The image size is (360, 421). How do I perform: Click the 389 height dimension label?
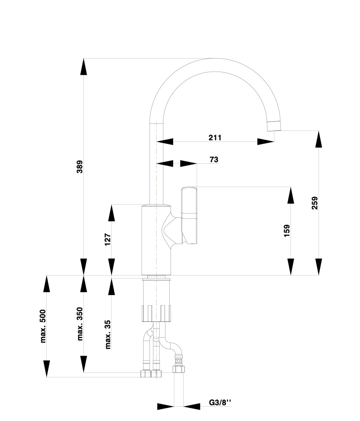[80, 167]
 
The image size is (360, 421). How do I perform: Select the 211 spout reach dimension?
[215, 138]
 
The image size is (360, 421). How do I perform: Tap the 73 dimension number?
[214, 160]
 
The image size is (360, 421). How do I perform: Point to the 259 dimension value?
[315, 203]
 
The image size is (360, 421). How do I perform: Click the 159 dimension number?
[287, 231]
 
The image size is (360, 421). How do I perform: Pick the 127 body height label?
[107, 240]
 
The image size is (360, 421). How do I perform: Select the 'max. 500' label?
[43, 326]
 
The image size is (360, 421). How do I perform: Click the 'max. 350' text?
[80, 324]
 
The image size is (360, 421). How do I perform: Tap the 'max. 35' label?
[108, 334]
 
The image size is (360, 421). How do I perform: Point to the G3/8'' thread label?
[220, 402]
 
